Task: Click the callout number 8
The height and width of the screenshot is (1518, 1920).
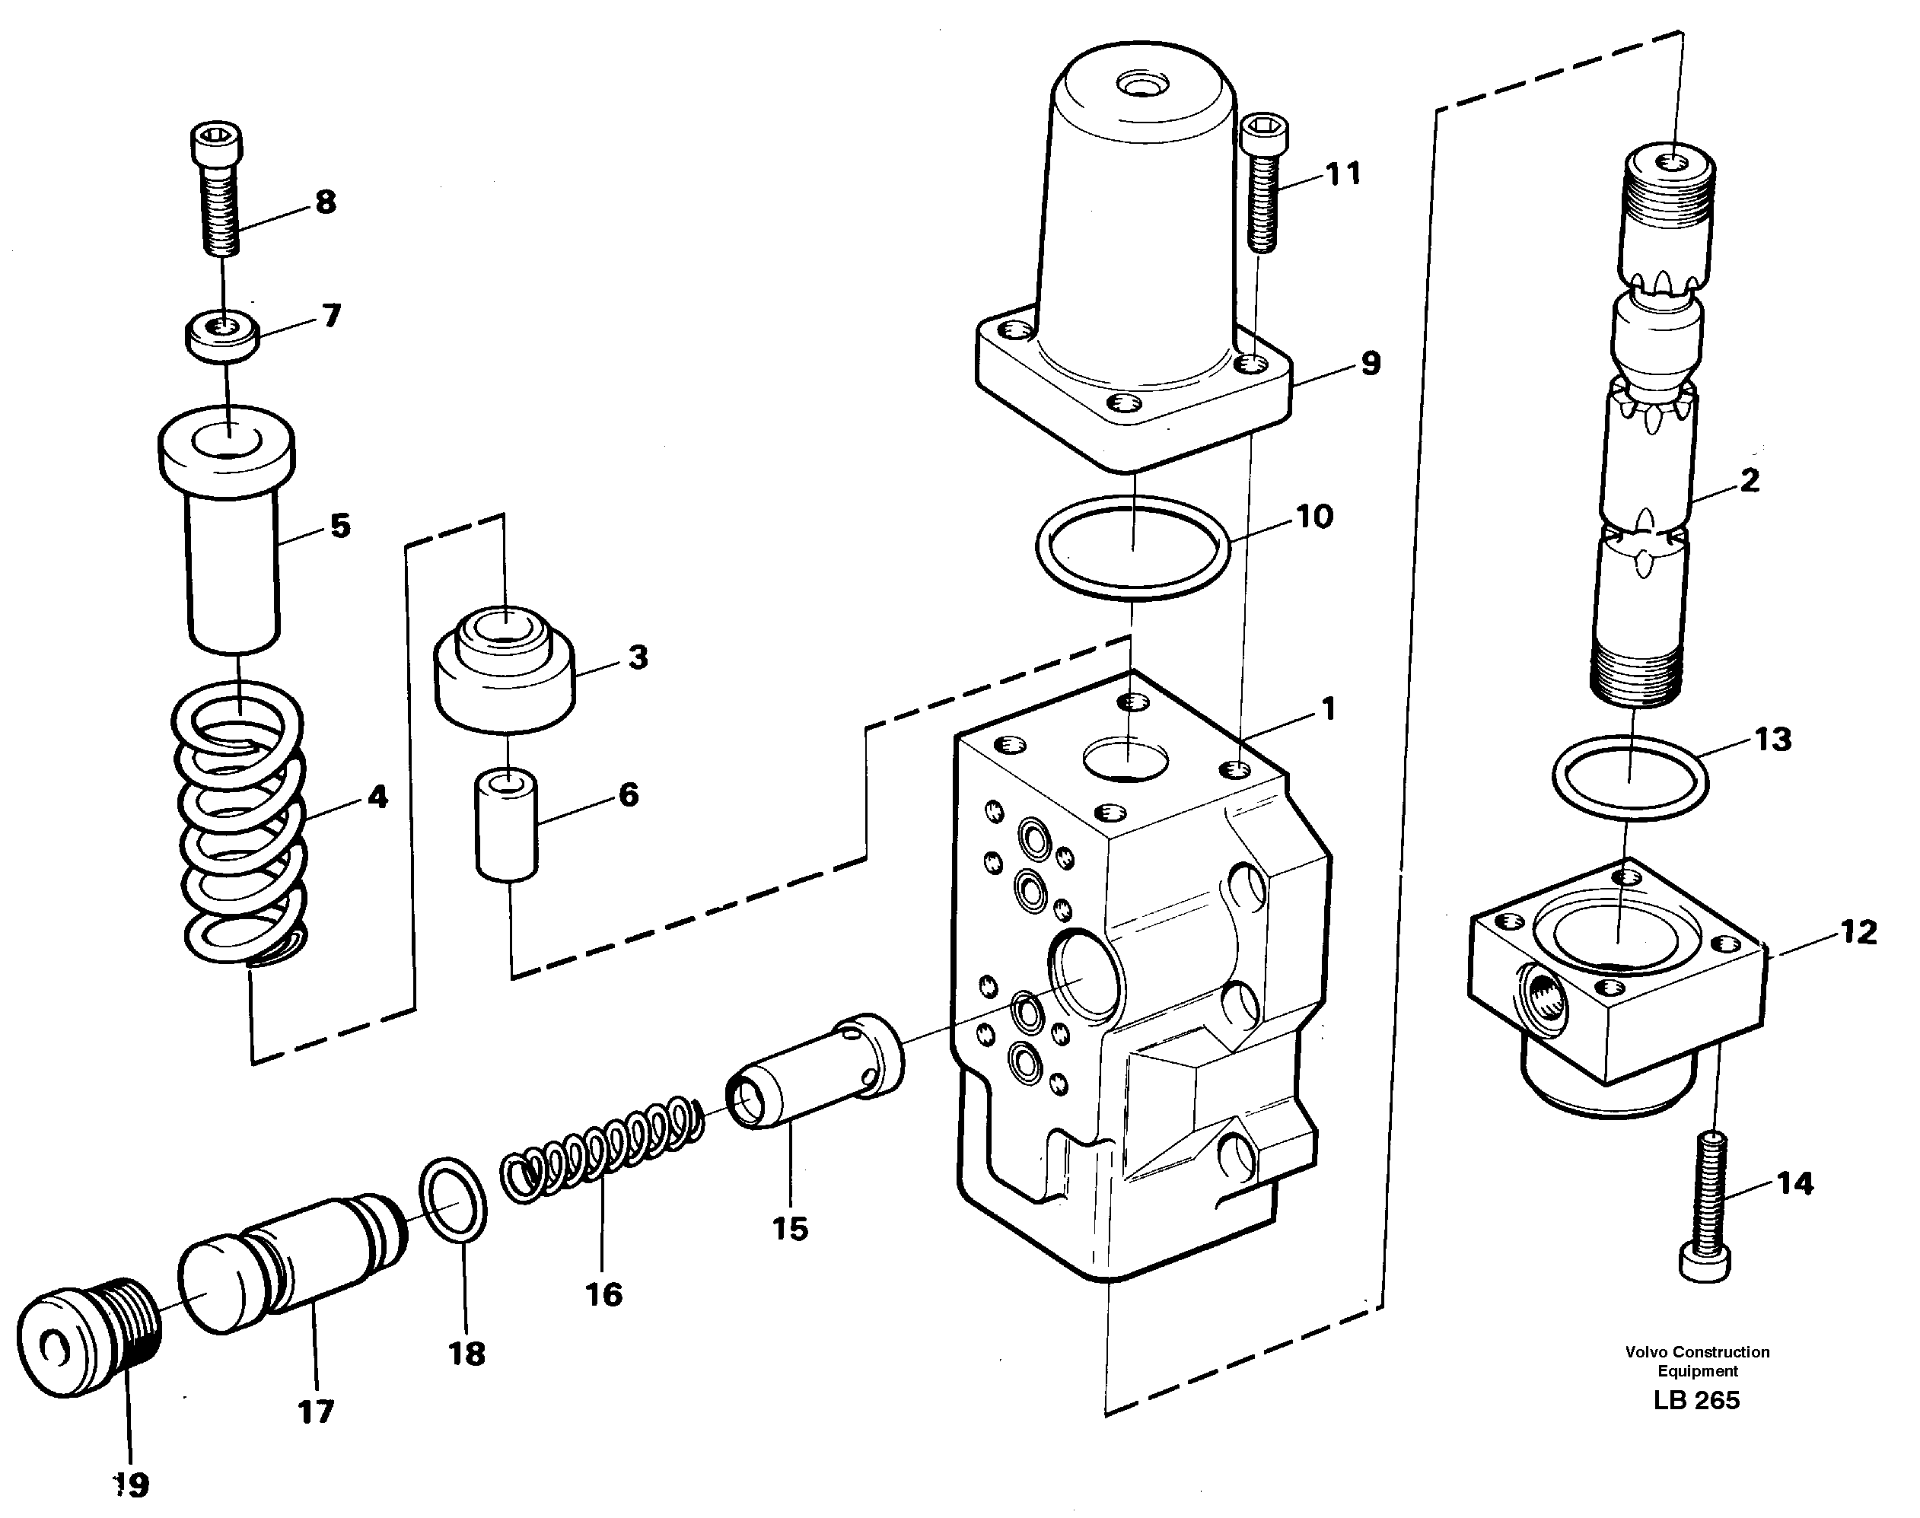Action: coord(326,202)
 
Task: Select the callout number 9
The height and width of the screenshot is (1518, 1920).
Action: coord(1370,363)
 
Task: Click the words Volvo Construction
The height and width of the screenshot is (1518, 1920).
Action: coord(1697,1352)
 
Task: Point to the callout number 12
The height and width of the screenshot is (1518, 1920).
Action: coord(1858,931)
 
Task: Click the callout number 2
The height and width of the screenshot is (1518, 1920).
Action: coord(1749,481)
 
